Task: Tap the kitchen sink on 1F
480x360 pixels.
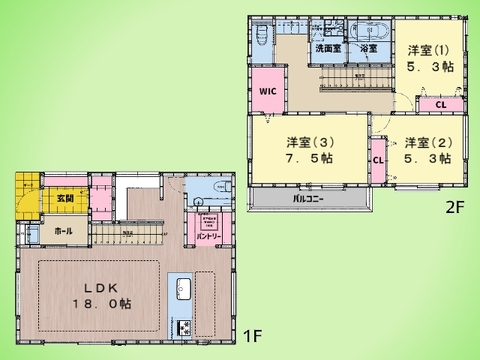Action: click(184, 290)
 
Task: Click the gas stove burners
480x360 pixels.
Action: click(184, 327)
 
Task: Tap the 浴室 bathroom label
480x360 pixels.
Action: click(368, 48)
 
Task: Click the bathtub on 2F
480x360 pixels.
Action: click(369, 31)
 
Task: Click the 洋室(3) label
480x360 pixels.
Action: click(308, 143)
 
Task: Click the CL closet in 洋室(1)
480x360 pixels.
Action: click(440, 103)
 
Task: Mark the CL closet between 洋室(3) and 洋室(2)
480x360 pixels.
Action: click(378, 159)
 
